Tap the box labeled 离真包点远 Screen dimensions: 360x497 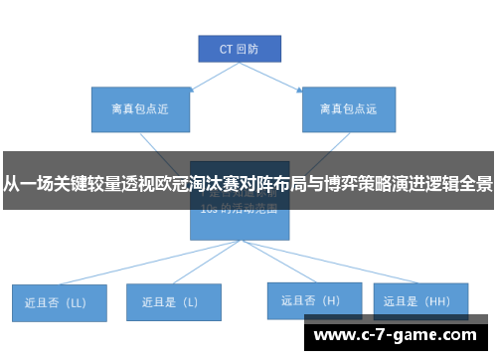tap(348, 109)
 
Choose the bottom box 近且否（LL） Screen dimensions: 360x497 tap(59, 301)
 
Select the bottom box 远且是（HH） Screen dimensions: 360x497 tap(418, 299)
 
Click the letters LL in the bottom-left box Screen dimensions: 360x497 tap(78, 301)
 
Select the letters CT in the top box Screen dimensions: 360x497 tap(225, 48)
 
